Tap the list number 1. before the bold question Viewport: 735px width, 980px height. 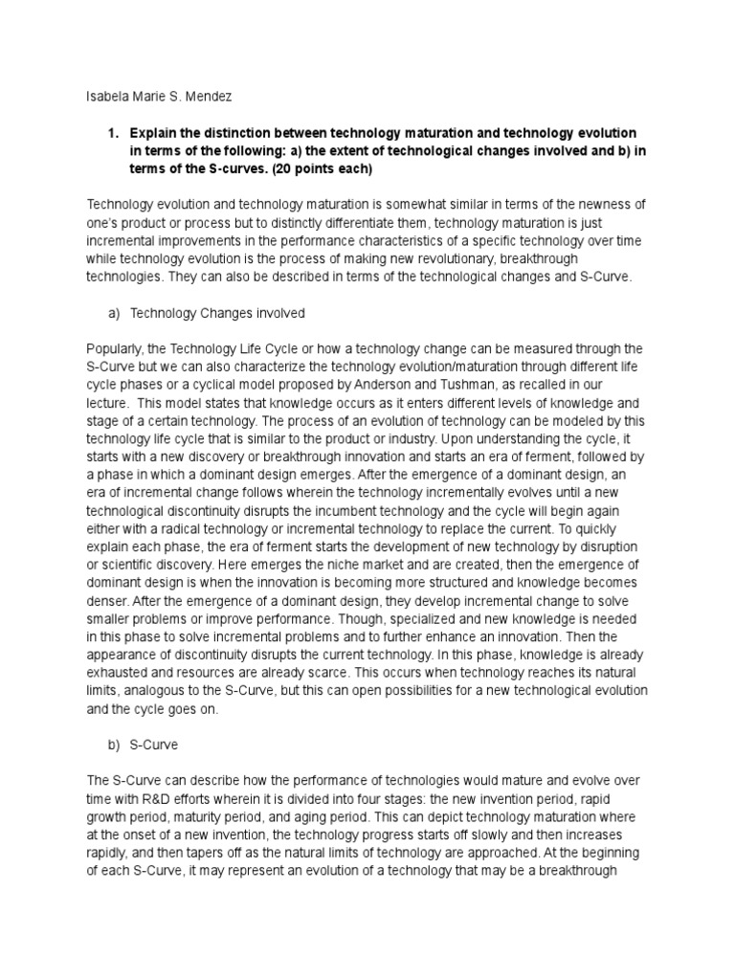coord(111,131)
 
